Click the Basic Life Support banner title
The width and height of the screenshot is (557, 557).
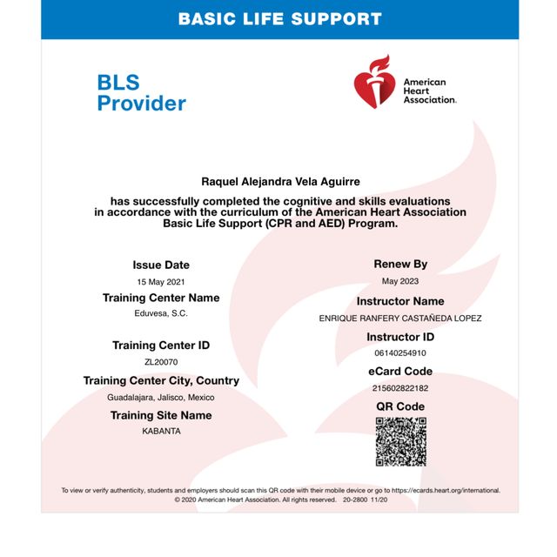[x=279, y=18]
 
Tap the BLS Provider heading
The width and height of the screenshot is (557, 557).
[x=141, y=93]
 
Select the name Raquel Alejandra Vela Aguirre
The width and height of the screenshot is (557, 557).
[x=279, y=182]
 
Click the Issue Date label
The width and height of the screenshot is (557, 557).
[x=161, y=265]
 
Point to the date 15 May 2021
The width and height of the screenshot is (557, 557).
[x=161, y=282]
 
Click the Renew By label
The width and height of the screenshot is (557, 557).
[x=400, y=264]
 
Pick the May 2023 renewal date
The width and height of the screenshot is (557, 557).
[x=400, y=281]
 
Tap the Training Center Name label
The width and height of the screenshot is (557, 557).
[x=161, y=298]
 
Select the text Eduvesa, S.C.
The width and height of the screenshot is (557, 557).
[x=161, y=313]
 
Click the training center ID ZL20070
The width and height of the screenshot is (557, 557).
[x=161, y=362]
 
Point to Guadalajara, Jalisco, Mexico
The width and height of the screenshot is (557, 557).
[x=161, y=397]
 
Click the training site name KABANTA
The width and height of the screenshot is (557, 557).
[x=161, y=431]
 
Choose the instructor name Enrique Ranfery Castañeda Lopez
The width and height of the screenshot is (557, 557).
[x=400, y=319]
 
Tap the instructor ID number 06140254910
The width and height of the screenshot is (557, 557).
[x=400, y=353]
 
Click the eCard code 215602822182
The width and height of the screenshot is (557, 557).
[x=400, y=388]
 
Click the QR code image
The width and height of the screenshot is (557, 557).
[x=400, y=441]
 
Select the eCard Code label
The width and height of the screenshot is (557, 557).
[x=400, y=372]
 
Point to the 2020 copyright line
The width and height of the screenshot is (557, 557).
[x=280, y=500]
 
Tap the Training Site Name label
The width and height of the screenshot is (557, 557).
[x=161, y=415]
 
